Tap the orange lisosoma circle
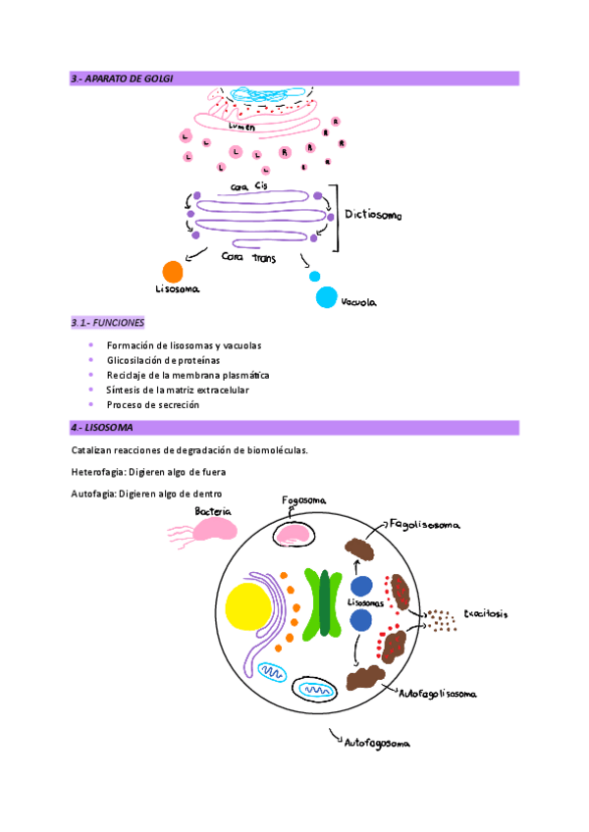point(172,272)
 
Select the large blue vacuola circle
point(326,297)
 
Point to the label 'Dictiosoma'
point(374,214)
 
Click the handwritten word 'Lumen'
point(241,127)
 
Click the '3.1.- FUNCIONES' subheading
point(108,323)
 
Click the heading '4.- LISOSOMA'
point(102,428)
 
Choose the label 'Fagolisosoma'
point(424,524)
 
